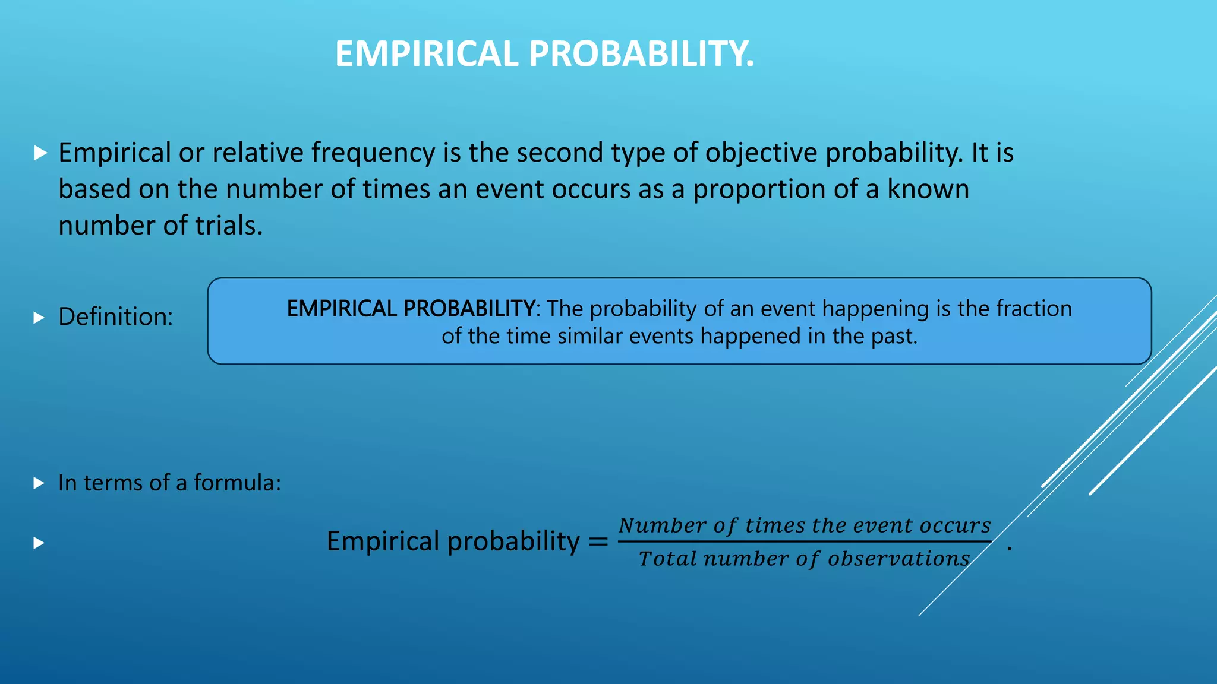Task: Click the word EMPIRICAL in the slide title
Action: tap(427, 54)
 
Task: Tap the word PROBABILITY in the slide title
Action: tap(641, 54)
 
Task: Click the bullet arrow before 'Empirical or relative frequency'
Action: tap(40, 153)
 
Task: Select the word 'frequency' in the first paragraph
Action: tap(374, 153)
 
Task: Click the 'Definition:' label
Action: tap(115, 317)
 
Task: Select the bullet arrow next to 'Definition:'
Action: tap(39, 318)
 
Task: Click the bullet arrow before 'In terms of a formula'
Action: tap(39, 483)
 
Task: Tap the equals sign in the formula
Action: tap(598, 541)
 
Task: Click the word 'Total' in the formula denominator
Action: tap(667, 559)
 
